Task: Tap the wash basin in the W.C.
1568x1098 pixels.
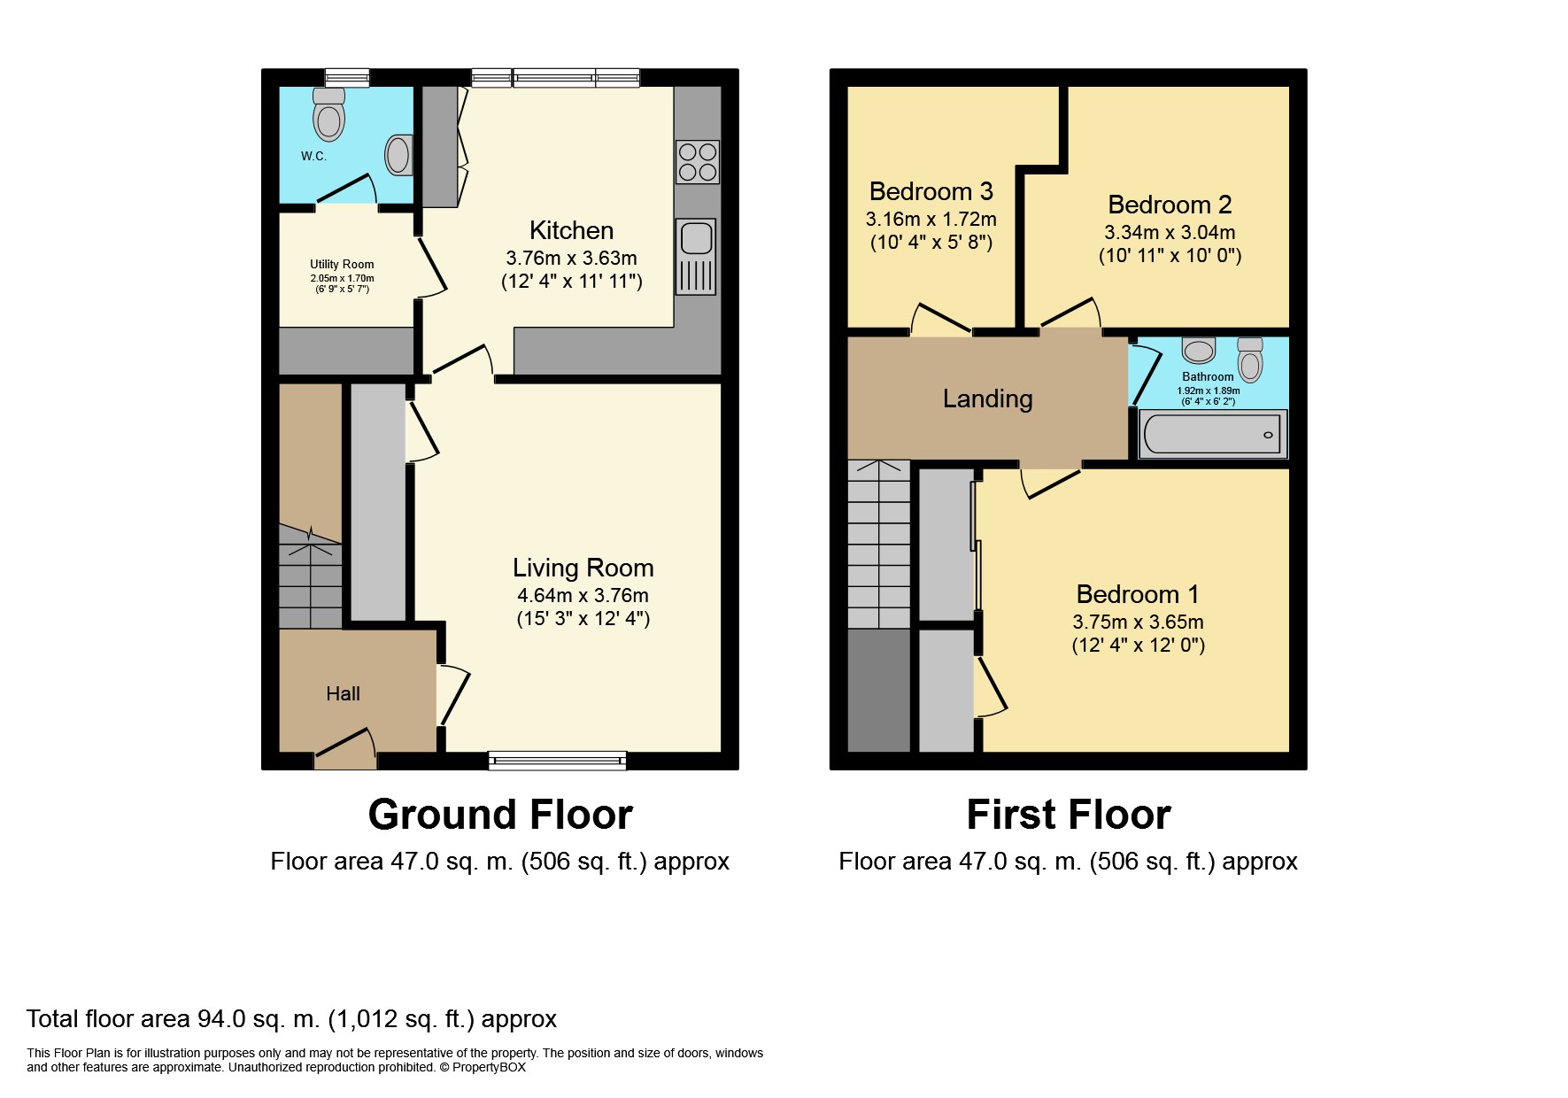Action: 399,155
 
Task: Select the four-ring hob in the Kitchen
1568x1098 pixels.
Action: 698,162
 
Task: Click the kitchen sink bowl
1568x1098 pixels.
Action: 697,237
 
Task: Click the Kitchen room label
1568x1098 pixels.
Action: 571,230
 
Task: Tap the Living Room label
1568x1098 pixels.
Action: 583,568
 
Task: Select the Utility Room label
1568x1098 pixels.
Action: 342,264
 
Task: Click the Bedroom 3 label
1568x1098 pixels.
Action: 931,191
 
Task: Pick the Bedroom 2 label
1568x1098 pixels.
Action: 1170,205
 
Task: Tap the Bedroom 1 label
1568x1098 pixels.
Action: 1138,594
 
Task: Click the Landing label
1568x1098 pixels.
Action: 988,399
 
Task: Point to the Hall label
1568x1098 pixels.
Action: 343,694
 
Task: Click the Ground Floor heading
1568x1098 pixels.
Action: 500,815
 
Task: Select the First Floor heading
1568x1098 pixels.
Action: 1069,815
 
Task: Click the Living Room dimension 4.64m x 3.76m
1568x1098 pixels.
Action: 583,595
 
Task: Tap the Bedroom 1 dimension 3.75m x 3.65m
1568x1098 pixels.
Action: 1138,622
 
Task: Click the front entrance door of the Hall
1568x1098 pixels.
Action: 344,749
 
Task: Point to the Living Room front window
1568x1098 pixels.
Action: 557,760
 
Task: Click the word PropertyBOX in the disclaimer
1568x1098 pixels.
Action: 489,1068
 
